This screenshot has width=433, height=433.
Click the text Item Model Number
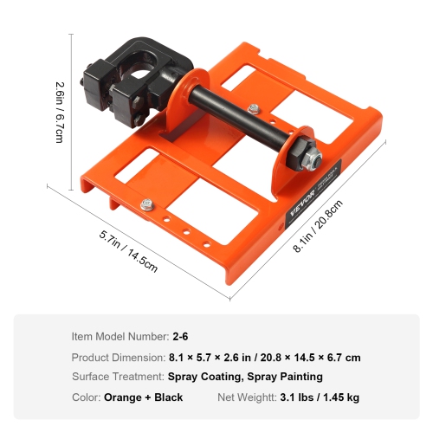(120, 336)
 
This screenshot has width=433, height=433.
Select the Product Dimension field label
(117, 357)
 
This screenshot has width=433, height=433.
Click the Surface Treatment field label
(117, 377)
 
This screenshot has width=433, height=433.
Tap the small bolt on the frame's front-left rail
(147, 204)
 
